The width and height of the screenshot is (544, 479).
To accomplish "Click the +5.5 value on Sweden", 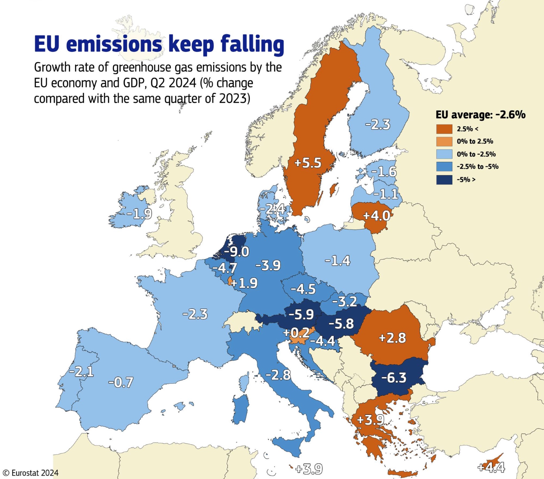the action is coord(308,163).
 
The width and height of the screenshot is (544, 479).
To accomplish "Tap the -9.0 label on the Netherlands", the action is coord(236,252).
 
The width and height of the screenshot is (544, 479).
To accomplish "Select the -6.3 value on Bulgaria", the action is coord(394,378).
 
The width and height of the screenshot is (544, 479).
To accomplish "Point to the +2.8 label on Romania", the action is coord(392,338).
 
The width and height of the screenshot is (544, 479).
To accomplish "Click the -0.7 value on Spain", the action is coord(121,382).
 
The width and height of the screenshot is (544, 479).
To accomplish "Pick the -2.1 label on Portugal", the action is coord(81,372).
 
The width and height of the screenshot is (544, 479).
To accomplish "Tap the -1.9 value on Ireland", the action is coord(139,214).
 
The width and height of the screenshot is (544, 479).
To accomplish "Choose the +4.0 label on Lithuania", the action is coord(377,216).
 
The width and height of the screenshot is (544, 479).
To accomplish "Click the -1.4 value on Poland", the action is coord(338,261).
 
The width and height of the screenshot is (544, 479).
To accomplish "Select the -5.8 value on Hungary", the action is coord(341,324).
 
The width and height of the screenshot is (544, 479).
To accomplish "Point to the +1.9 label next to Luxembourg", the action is coord(244,283).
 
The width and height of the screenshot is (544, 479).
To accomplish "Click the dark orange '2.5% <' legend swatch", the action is coord(444,129).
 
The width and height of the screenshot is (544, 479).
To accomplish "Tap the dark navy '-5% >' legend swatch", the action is coord(444,180).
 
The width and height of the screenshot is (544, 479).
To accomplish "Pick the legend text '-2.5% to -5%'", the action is coord(477,166).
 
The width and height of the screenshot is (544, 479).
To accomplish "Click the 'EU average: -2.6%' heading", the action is coord(481,115).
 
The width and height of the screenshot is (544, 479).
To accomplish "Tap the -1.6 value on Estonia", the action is coord(384,172).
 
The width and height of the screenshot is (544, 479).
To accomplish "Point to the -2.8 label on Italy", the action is coord(278,375).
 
